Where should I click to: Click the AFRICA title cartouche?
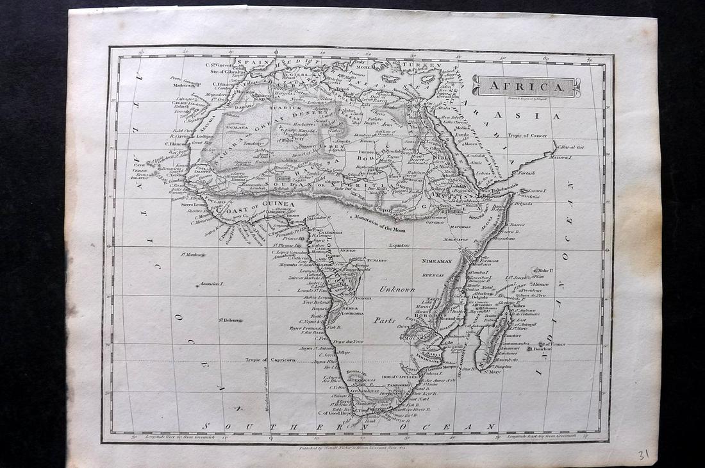[x=526, y=86]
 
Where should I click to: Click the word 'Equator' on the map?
[x=398, y=245]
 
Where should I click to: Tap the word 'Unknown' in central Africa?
[x=397, y=289]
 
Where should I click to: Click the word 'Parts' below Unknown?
[x=385, y=320]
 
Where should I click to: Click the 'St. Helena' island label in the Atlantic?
[x=231, y=319]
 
